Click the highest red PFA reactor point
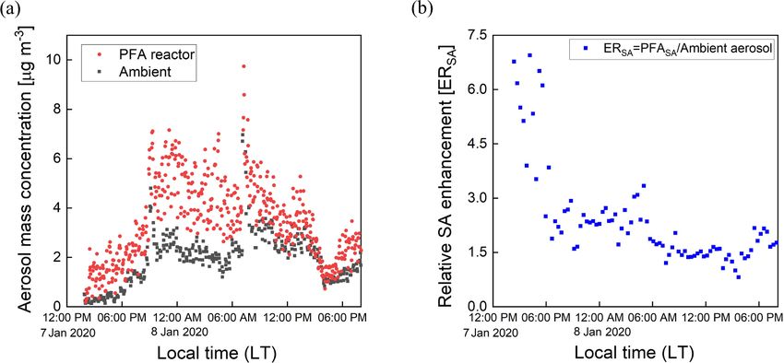click(244, 66)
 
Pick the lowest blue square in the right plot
click(737, 276)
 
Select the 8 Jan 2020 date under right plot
click(600, 331)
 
